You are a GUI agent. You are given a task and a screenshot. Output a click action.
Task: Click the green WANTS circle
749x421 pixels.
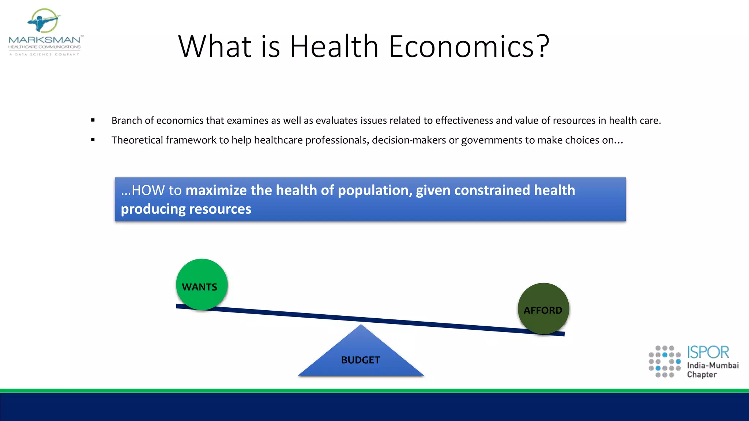[x=202, y=284]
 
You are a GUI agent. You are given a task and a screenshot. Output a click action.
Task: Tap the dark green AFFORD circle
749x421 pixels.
[x=543, y=308]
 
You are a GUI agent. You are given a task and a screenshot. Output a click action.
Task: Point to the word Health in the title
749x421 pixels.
[x=334, y=46]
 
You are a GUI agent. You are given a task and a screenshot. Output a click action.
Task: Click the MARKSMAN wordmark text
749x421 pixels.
[x=45, y=40]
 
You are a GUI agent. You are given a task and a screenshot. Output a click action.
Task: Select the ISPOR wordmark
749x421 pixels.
[x=708, y=352]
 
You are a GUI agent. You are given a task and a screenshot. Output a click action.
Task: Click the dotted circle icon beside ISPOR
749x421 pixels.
[x=665, y=361]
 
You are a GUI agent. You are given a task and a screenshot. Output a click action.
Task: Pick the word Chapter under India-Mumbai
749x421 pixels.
[x=702, y=375]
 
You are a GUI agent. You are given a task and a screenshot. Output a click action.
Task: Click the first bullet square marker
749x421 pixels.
[x=93, y=120]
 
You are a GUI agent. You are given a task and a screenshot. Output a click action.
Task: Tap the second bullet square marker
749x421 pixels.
[x=93, y=140]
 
